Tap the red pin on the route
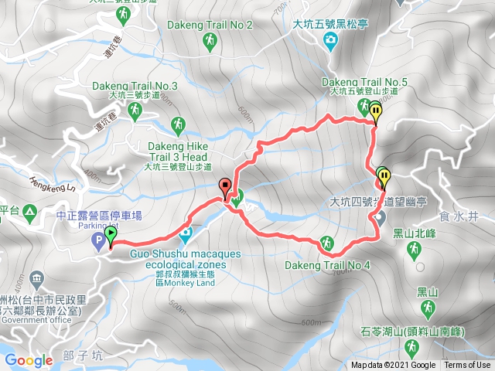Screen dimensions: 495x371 coord(225,188)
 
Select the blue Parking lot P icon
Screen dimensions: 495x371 coord(98,243)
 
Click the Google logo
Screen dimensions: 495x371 coord(29,360)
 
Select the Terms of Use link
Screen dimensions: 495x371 coord(466,366)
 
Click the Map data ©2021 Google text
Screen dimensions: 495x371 coord(393,366)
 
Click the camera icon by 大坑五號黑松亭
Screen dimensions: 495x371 coord(331,39)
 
